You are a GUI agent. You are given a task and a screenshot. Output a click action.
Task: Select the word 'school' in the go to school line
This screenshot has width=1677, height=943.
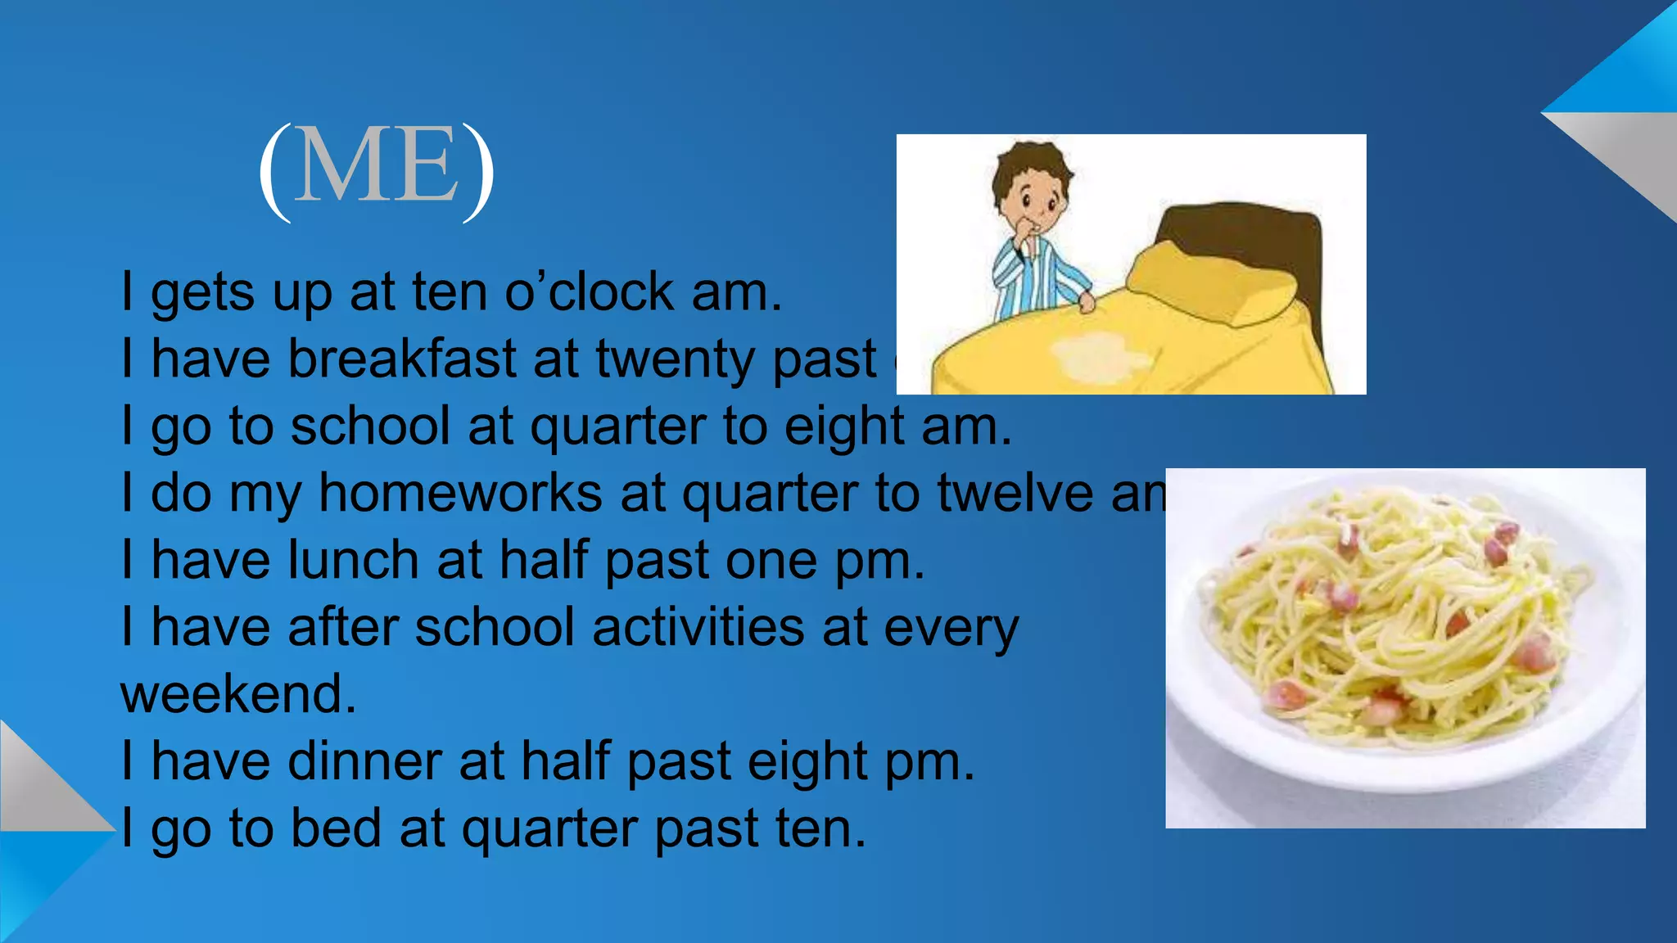click(370, 426)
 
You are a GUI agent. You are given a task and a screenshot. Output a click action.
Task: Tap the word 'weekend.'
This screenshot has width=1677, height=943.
click(238, 695)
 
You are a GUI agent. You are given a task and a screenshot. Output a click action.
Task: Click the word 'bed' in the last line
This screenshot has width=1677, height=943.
click(336, 828)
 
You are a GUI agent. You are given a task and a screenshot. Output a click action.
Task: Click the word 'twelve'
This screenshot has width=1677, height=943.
click(1015, 494)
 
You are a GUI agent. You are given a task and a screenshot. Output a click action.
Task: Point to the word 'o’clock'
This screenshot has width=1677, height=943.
click(589, 293)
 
